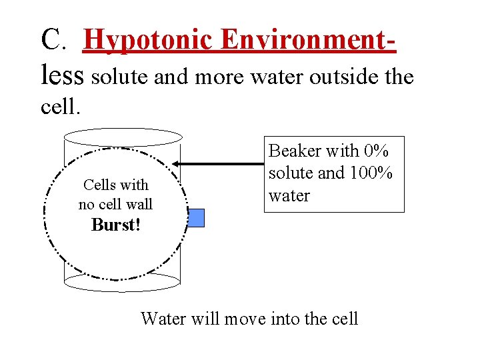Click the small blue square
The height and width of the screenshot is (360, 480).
(x=195, y=218)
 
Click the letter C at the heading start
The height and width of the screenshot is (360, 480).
(x=51, y=40)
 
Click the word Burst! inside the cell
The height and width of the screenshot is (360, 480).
(x=116, y=225)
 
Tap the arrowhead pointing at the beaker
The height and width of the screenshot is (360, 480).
(x=177, y=163)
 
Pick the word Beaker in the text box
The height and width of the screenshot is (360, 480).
(x=295, y=151)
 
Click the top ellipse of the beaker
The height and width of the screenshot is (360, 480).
(x=122, y=137)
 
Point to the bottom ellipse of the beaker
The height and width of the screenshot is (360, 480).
(x=122, y=282)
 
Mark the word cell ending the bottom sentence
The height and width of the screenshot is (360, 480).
(x=344, y=319)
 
